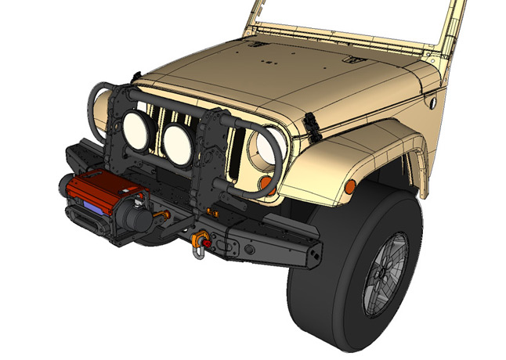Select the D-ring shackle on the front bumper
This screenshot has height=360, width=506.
tap(201, 243)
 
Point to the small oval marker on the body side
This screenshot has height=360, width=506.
tap(430, 103)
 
